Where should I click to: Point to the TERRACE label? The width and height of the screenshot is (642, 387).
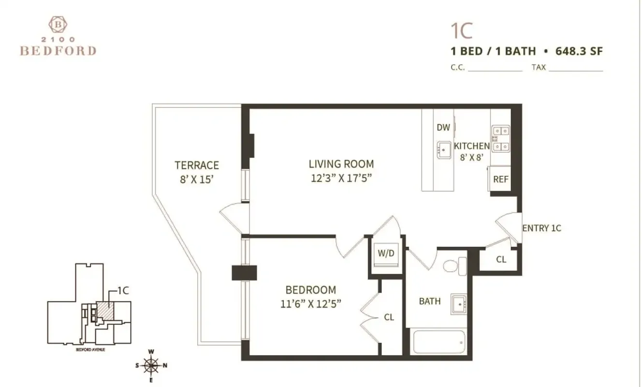point(197,165)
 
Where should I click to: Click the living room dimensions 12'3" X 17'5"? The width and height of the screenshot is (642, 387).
point(343,178)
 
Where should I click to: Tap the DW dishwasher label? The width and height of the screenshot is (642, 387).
point(443,128)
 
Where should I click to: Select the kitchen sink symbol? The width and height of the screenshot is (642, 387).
point(444,150)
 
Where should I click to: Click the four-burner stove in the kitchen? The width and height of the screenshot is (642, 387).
point(500,138)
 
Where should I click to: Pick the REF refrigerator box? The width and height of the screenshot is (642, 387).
point(500,179)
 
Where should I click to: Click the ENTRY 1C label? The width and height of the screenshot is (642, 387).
point(541,228)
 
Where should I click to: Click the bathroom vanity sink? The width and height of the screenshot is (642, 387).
point(459,304)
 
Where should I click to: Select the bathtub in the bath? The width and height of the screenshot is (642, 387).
point(439,342)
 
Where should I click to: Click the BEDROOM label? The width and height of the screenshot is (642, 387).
point(310,290)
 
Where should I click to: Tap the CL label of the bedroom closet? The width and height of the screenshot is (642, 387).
point(389,318)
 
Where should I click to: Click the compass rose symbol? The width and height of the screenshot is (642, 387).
point(151,365)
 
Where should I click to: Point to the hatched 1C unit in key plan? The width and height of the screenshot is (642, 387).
point(105,311)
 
